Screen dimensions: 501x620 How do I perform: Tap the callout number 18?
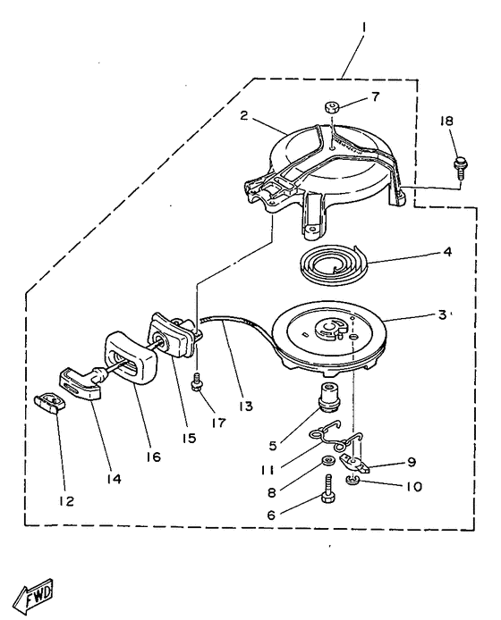tap(446, 121)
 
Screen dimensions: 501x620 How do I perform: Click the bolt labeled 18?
tap(461, 167)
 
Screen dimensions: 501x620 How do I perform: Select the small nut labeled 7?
tap(331, 106)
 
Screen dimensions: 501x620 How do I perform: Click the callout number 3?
tap(442, 315)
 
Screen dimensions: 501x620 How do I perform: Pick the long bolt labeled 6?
tap(327, 489)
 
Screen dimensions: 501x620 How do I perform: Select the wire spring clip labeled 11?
tap(335, 435)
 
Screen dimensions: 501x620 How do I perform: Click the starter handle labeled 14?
tap(82, 382)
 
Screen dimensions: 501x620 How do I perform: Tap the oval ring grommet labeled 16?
tap(130, 358)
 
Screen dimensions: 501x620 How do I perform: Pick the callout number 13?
tap(246, 406)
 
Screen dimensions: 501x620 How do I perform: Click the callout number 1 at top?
tap(364, 28)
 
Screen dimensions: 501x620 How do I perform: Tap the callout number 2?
tap(244, 116)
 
